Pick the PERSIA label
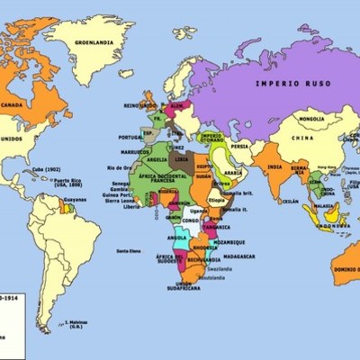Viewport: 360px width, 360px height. pyautogui.click(x=239, y=146)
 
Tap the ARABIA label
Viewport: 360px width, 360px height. pyautogui.click(x=232, y=173)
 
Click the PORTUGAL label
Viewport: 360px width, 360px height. pyautogui.click(x=130, y=137)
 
